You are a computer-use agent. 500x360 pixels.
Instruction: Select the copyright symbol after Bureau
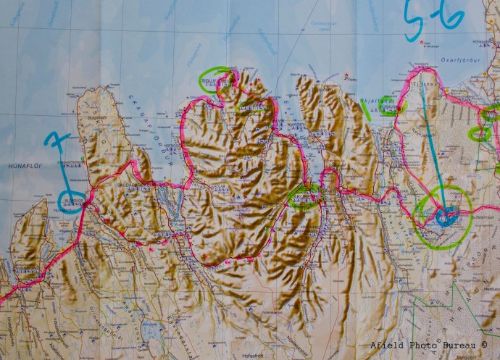[x=485, y=345]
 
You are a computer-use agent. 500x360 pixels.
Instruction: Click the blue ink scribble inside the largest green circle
[x=446, y=214]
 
